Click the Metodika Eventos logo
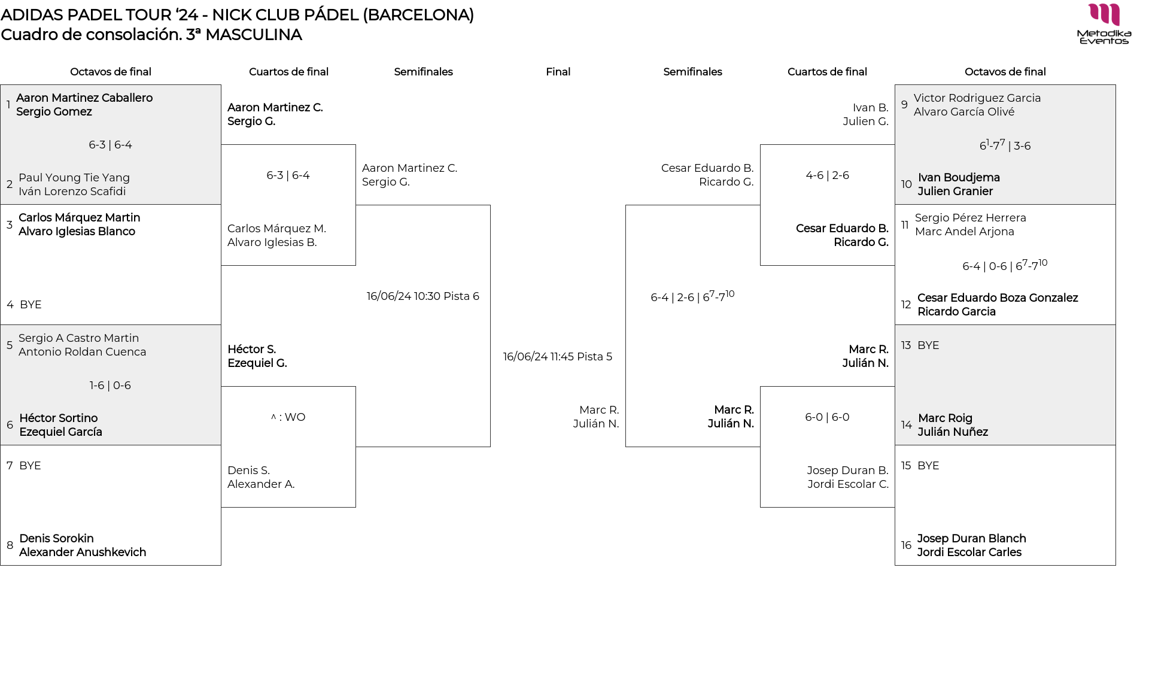tap(1104, 24)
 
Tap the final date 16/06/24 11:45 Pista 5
tap(557, 357)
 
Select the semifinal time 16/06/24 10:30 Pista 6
tap(422, 296)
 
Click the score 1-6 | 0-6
tap(110, 386)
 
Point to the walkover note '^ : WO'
tap(288, 417)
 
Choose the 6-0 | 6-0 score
tap(827, 417)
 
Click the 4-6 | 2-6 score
tap(827, 175)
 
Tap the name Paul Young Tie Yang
tap(74, 178)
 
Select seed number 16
tap(906, 545)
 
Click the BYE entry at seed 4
tap(31, 305)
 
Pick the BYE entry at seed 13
tap(928, 345)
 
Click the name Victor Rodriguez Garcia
tap(977, 98)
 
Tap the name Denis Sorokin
tap(56, 539)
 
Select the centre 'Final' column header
tap(558, 72)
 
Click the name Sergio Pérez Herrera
tap(970, 218)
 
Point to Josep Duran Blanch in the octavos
tap(971, 539)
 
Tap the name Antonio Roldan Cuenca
tap(82, 352)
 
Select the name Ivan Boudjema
tap(959, 178)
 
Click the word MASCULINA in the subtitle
tap(253, 35)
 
